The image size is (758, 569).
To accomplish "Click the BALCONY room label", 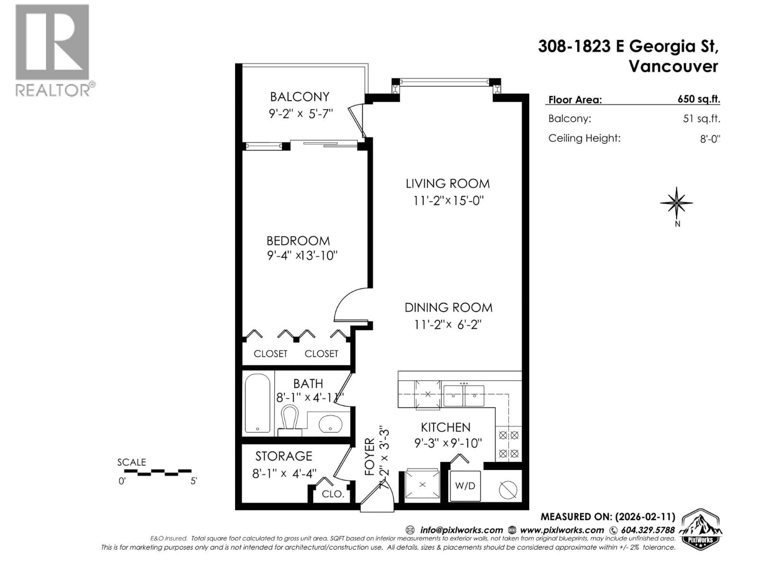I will pos(299,97).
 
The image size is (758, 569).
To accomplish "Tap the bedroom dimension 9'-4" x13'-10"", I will pos(302,256).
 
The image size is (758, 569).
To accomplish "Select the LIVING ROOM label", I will pos(447,184).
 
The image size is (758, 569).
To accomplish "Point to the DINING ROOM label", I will pos(448,308).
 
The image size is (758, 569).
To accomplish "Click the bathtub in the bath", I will pos(257,403).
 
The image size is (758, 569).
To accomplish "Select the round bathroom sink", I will pos(330,424).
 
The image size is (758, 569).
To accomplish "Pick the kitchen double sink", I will pos(464,396).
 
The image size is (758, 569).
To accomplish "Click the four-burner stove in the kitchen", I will pos(508,445).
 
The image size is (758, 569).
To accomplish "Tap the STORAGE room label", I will pos(284,456).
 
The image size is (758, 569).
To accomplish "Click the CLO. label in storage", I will pos(333,494).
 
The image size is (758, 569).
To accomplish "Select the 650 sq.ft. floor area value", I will pos(699,99).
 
